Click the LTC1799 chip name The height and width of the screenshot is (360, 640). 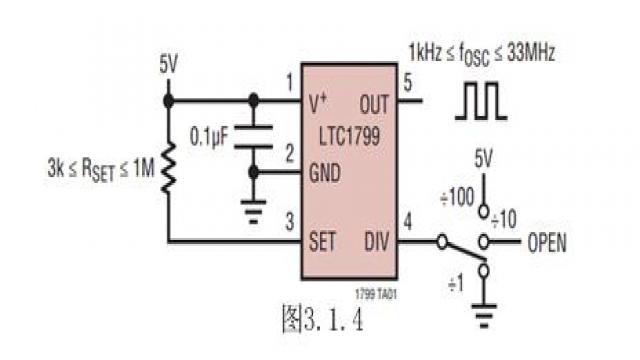point(349,136)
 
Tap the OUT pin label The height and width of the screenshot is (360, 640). point(374,104)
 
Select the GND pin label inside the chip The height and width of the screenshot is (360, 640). point(325,173)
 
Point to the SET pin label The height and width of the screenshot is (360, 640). point(322,241)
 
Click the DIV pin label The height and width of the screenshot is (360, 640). point(376,241)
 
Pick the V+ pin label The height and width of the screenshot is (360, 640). point(318,103)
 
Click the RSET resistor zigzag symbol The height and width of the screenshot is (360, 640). point(168,167)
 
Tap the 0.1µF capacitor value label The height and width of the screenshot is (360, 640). point(209,136)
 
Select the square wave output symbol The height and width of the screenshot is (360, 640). point(481,101)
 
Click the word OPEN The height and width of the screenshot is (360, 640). point(547,243)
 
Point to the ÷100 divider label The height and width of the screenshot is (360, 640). point(457,197)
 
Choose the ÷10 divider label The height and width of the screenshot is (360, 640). point(504,220)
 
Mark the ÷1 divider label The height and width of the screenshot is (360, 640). point(456,283)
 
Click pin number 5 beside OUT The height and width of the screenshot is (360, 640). point(408,83)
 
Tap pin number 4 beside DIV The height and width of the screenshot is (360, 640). point(407,222)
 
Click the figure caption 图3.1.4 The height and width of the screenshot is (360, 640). point(322,318)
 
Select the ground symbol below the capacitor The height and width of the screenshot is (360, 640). point(253,211)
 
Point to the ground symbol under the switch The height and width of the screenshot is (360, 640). point(484,316)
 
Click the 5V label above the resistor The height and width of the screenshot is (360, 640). point(169,64)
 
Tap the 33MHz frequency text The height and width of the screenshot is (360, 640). point(531,53)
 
